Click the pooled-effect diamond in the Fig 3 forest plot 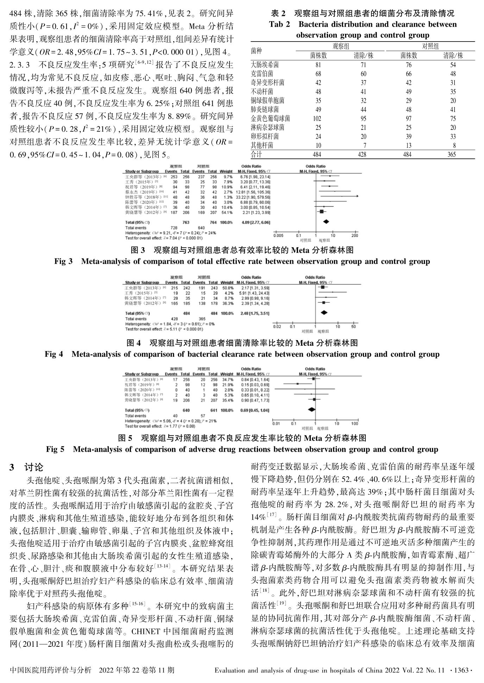[326, 221]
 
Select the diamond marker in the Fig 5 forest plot [311, 409]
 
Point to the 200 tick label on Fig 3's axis [354, 235]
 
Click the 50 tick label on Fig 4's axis [353, 327]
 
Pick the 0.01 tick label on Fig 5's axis [276, 424]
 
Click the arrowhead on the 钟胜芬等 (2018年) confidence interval [358, 196]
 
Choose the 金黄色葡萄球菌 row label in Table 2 [270, 119]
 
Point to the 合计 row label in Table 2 [256, 154]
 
